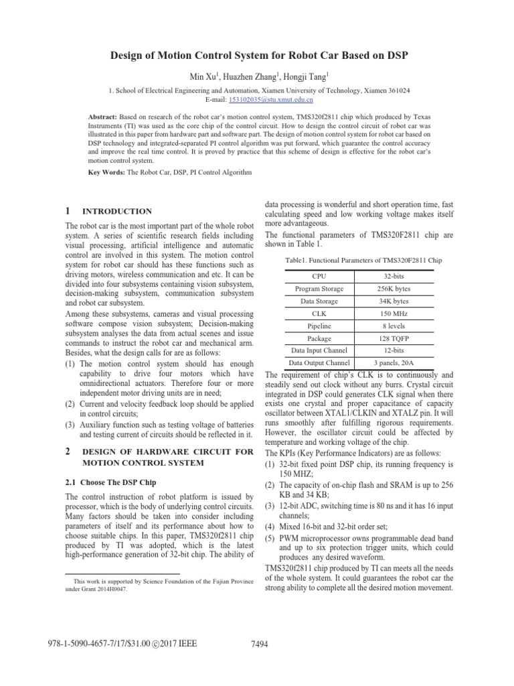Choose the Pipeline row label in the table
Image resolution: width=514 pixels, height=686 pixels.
point(319,326)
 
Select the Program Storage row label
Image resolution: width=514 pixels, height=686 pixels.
point(319,289)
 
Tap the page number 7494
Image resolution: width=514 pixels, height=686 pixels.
point(258,644)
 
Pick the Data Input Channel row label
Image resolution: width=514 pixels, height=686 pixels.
point(319,350)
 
